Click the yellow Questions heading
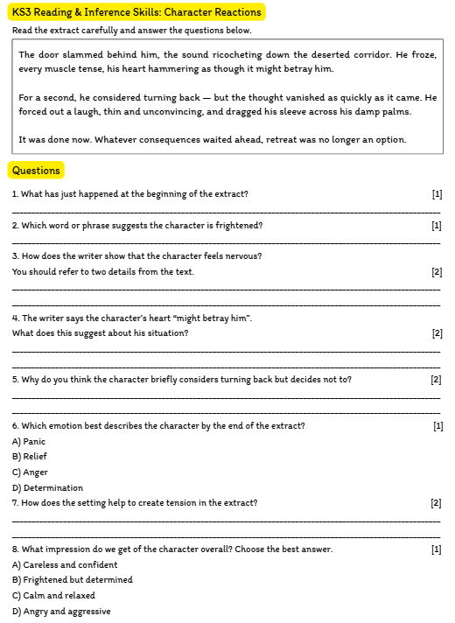pos(36,171)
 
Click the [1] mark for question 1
pos(437,194)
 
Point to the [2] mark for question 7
pos(436,503)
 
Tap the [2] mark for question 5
pos(436,380)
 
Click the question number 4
pos(15,318)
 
